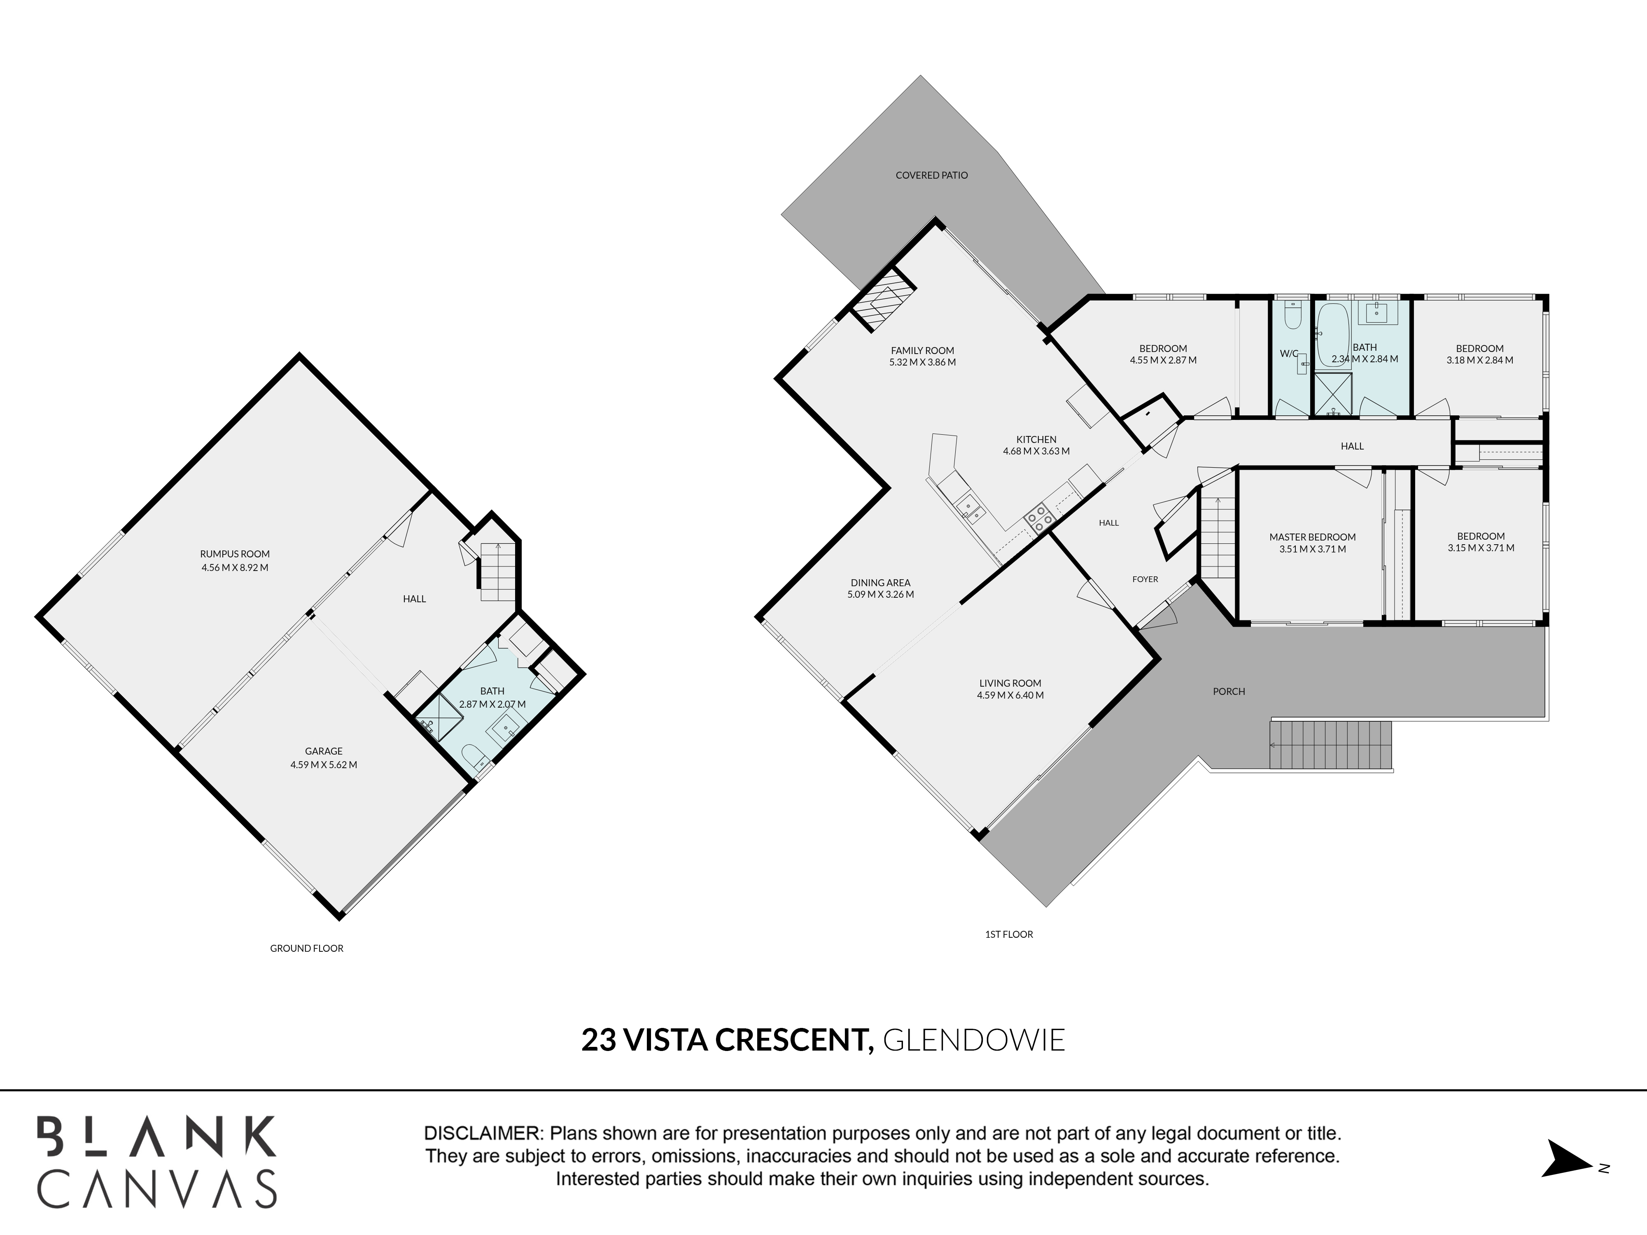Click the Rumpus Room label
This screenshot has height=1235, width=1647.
[x=235, y=554]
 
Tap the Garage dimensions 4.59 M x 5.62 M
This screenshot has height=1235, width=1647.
[x=324, y=764]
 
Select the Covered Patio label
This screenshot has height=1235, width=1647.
[x=931, y=176]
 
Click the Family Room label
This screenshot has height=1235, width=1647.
[x=923, y=351]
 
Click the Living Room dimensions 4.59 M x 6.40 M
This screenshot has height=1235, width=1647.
[x=1010, y=695]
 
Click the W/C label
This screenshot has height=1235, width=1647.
[x=1289, y=354]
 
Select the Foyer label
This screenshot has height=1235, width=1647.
[x=1145, y=579]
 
